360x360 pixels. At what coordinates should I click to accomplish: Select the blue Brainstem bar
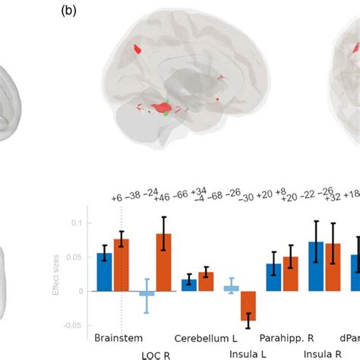(x=105, y=272)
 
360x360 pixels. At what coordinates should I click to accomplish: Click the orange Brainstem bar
(x=122, y=265)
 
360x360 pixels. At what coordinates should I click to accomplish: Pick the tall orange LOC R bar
(x=164, y=262)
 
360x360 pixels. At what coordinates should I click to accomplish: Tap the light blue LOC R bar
(x=147, y=293)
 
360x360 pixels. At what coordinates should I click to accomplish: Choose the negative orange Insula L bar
(x=248, y=305)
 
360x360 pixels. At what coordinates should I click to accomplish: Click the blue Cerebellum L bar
(x=189, y=285)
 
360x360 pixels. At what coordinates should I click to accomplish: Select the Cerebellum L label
(x=201, y=338)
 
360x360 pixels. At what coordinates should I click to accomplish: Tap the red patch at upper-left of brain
(x=138, y=49)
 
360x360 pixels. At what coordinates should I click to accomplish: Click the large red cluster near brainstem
(x=163, y=109)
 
